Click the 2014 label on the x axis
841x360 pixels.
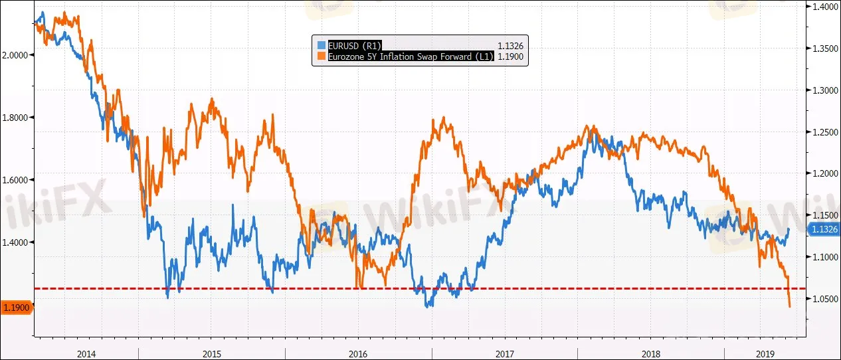coord(86,354)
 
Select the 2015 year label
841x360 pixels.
coord(212,354)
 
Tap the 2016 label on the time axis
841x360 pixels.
coord(358,354)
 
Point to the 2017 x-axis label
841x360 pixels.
coord(505,354)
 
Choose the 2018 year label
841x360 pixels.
coord(651,354)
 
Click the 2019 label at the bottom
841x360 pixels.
coord(765,354)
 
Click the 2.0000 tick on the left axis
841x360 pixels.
coord(15,55)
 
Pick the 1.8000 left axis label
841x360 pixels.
coord(15,118)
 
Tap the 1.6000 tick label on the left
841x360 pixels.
coord(15,180)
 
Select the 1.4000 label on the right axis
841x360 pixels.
coord(825,7)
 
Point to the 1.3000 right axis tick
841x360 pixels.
coord(825,90)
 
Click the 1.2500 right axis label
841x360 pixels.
coord(825,132)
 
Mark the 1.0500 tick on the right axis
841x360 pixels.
coord(825,299)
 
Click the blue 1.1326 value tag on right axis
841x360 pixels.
coord(824,229)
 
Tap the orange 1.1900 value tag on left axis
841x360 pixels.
coord(17,308)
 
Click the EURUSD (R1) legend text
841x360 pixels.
coord(355,46)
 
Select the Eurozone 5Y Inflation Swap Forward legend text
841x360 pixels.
coord(411,56)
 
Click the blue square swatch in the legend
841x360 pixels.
coord(322,45)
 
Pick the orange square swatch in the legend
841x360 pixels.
coord(322,56)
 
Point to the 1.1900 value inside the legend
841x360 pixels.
coord(511,56)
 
